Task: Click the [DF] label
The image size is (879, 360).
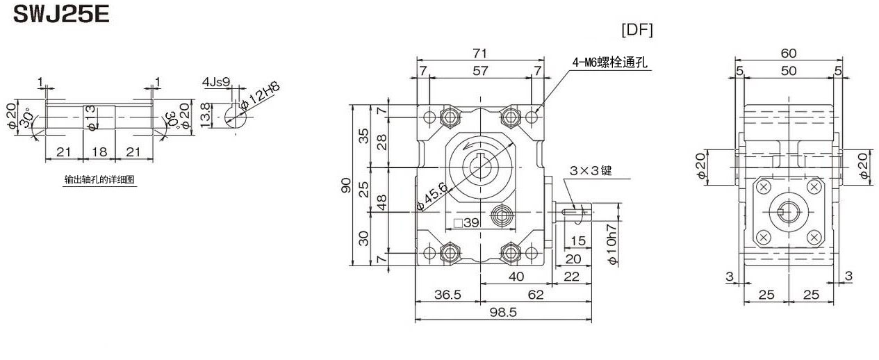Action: pos(636,30)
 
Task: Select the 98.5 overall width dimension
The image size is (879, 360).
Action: pos(503,313)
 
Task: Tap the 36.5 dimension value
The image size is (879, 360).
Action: pos(447,295)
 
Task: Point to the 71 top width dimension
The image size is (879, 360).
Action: pos(479,53)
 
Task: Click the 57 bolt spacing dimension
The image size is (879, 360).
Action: pos(479,71)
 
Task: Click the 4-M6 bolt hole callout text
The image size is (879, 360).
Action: pos(609,63)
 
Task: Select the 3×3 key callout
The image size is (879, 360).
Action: pos(590,170)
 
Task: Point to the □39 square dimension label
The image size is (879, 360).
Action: pos(466,223)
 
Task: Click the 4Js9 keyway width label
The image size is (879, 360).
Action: pos(215,82)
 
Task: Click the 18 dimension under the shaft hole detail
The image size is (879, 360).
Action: pos(99,151)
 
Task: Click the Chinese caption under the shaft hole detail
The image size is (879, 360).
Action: pos(99,179)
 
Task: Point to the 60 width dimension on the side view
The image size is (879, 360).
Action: pos(789,53)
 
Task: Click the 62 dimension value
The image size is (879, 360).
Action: pos(536,295)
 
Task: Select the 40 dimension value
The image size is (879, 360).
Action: pos(515,276)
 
